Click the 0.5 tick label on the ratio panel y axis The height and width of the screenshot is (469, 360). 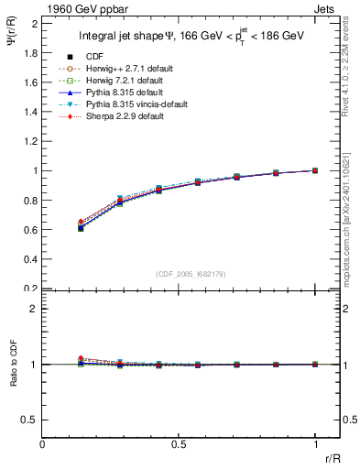(30, 420)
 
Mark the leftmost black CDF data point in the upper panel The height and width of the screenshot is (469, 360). (81, 228)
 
